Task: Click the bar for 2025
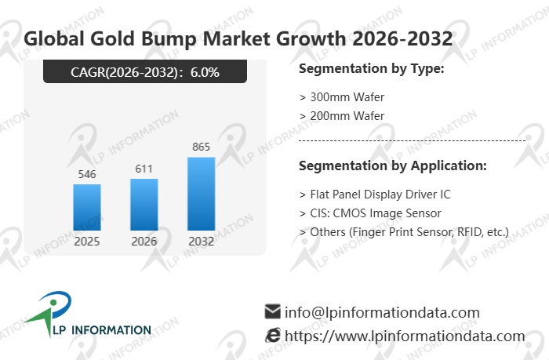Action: pos(87,207)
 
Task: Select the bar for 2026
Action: pos(144,205)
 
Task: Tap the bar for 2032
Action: pos(201,194)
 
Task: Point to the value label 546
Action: pos(87,174)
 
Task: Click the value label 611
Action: pos(144,169)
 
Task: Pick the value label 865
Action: pos(201,147)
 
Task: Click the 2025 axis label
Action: pos(87,241)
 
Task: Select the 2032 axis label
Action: pos(201,241)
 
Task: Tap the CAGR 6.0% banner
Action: pos(145,73)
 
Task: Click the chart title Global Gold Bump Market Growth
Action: pos(238,38)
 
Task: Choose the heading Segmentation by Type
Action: pos(372,69)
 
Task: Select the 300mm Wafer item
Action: pos(342,97)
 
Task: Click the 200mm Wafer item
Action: pos(342,116)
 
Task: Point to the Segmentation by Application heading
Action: pos(393,166)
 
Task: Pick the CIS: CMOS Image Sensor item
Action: pos(370,213)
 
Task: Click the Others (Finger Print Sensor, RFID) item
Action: pos(404,231)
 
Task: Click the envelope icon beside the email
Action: pos(273,311)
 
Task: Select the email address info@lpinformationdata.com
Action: pos(382,312)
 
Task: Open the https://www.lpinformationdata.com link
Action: pos(404,336)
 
